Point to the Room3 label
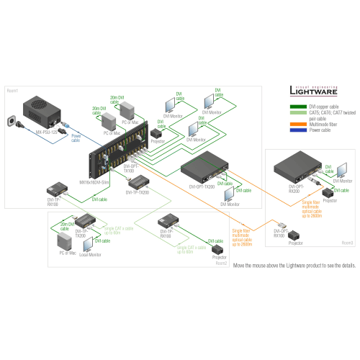[348, 243]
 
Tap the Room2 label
[220, 263]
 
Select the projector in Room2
[219, 249]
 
